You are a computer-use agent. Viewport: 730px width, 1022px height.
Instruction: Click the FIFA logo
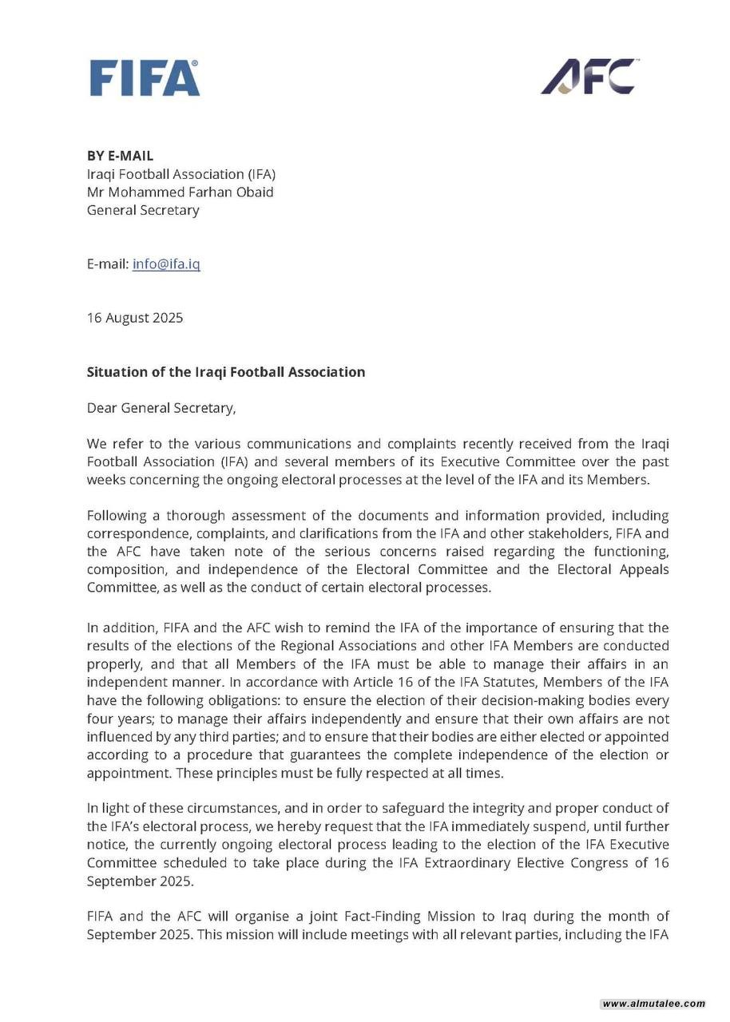tap(145, 78)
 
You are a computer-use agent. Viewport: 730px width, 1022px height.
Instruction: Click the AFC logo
tap(589, 77)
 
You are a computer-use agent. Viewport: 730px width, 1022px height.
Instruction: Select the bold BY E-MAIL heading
tap(120, 156)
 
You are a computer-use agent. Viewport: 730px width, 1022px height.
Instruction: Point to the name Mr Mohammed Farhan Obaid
tap(180, 192)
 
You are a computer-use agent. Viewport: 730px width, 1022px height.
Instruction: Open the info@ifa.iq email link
tap(166, 263)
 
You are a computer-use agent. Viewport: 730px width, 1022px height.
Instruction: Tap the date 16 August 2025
tap(135, 318)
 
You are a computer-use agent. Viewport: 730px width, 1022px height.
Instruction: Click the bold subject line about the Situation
tap(226, 372)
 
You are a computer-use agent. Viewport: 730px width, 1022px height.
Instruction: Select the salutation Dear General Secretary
tap(161, 408)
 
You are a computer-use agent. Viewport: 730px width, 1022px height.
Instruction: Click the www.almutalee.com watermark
tap(653, 1004)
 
